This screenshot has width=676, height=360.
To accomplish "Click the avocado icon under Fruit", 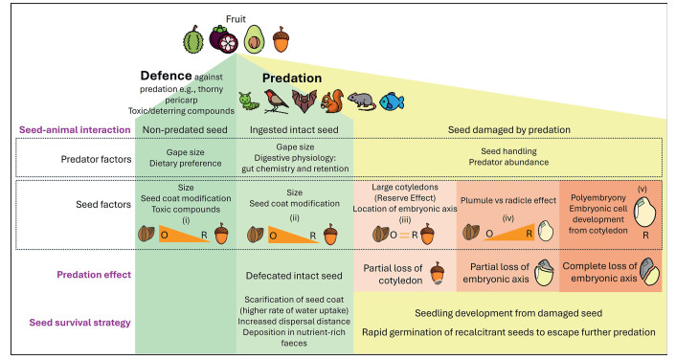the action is point(254,40).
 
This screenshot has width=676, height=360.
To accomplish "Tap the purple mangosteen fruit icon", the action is point(223,39).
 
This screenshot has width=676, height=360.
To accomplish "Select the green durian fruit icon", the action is point(193,39).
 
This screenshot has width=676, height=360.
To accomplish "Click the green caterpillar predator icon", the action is point(249,101).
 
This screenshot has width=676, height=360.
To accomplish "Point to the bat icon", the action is point(304,101).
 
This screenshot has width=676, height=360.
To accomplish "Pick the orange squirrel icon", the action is point(332,101).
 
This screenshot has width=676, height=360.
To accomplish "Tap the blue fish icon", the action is point(392,101).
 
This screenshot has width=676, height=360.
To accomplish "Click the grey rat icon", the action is point(361,101).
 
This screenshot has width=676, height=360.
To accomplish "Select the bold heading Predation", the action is point(292,79).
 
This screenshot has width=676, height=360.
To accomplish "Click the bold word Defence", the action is point(166,76).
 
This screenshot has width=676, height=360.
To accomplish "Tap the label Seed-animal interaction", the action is point(75,130).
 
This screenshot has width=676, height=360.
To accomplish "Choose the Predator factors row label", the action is point(96,159).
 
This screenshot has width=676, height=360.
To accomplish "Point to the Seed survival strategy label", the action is point(79,323).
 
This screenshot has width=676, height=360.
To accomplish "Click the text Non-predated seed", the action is point(185,130).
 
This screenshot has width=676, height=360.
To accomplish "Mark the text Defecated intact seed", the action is point(294,276).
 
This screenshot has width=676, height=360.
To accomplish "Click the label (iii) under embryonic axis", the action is point(404,220).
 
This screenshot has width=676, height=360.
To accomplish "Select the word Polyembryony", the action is point(598,198).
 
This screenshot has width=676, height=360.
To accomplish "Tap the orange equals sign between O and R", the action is point(404,236).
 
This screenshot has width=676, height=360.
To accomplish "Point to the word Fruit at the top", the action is point(236,19).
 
